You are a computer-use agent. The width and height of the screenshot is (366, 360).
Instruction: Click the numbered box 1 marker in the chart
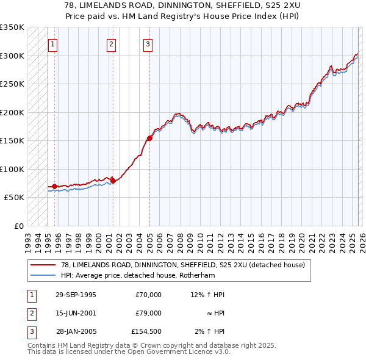coord(53,44)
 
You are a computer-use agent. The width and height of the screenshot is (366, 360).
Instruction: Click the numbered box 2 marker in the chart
coord(112,44)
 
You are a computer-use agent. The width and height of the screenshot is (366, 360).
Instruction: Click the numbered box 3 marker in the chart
coord(148,44)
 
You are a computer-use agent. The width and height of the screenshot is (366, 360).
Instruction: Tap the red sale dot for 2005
coord(149,139)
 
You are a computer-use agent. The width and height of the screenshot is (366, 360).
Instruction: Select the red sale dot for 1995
coord(54,186)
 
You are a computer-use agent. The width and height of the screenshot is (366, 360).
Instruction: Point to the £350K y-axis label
coord(12,27)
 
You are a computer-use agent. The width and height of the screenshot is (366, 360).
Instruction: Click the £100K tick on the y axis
coord(12,169)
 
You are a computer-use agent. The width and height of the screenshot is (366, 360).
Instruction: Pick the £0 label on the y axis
coord(18,226)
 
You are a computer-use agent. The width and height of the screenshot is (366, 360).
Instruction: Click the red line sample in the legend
coord(43,265)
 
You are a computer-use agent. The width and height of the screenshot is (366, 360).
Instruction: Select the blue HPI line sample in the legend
coord(43,275)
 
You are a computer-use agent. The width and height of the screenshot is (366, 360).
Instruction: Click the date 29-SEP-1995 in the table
coord(76,295)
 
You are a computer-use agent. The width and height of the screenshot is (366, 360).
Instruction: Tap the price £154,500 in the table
coord(146,331)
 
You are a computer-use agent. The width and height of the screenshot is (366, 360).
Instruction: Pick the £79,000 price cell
coord(149,313)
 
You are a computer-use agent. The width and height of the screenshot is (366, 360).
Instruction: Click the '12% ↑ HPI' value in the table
coord(207,295)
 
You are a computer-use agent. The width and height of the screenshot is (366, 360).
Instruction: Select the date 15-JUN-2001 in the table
coord(76,313)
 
